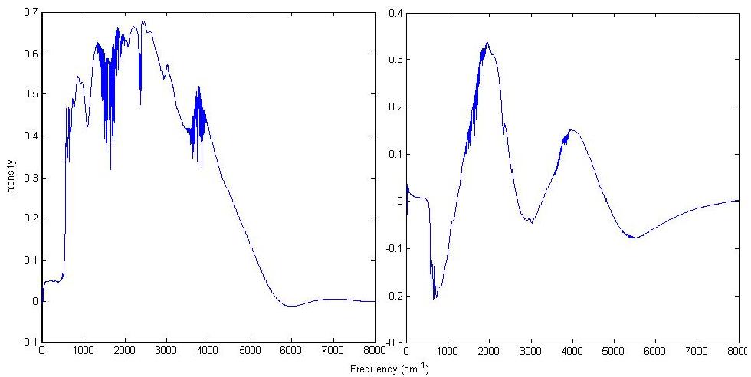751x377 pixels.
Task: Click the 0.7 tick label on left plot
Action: [x=31, y=12]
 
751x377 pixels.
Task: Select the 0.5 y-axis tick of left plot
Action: [x=31, y=95]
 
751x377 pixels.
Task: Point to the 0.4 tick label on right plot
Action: [x=394, y=12]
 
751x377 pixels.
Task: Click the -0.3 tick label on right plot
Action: [x=392, y=343]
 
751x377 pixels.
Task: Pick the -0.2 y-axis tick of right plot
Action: [x=392, y=296]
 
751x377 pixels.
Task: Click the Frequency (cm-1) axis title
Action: [x=389, y=369]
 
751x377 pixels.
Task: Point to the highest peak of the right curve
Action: [x=487, y=43]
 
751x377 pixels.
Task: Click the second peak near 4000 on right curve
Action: [x=571, y=129]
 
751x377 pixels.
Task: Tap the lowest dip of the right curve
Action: [x=434, y=298]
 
